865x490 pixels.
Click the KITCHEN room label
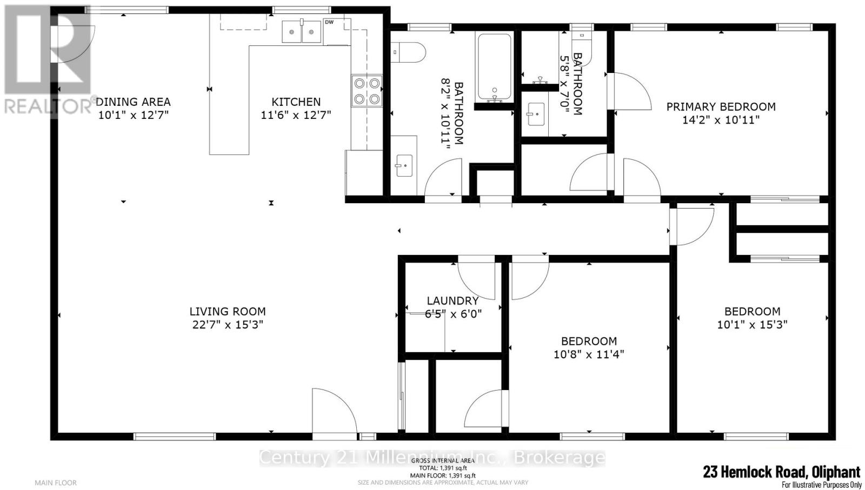[296, 102]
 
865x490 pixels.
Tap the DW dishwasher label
[329, 22]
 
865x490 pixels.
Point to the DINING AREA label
[133, 102]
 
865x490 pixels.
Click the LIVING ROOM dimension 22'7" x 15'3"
[227, 325]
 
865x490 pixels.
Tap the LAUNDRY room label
[453, 301]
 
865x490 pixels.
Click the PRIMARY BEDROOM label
[721, 107]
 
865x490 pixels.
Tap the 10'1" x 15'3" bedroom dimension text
[752, 325]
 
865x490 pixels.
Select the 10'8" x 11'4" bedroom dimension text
[589, 354]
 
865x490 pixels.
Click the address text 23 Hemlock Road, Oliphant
[781, 472]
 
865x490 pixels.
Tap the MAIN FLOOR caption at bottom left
[56, 482]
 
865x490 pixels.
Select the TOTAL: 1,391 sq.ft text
[443, 468]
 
